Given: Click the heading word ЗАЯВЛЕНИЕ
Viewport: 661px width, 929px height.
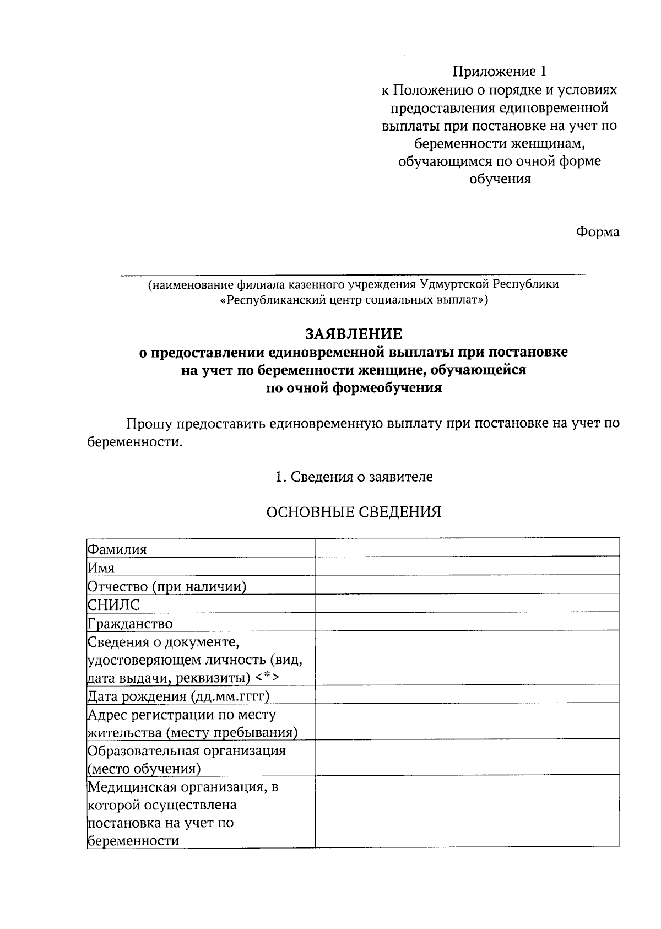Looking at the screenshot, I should pos(354,334).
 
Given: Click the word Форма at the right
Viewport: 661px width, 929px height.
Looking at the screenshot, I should pos(598,233).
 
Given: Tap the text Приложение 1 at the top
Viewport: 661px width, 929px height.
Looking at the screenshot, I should pos(500,72).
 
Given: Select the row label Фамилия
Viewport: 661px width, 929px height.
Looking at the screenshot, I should pos(117,549).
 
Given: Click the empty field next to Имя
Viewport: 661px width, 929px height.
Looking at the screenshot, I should pos(467,566).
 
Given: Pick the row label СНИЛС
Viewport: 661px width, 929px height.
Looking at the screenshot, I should pos(114,604).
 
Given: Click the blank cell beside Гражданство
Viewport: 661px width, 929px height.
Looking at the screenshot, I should pos(467,622).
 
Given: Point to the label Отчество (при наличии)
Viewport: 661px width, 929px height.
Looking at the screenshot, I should pos(167,586).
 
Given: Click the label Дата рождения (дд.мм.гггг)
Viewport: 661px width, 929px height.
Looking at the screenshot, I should pos(178,696).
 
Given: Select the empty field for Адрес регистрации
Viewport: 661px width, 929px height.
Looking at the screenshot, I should pos(467,722).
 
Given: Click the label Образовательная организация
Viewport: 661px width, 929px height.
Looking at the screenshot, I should pos(187,751).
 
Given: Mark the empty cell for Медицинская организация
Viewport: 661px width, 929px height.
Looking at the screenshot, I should pos(467,811).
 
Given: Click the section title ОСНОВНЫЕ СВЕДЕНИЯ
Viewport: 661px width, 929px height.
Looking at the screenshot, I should pos(354,512).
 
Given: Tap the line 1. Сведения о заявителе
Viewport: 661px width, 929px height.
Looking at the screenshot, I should pos(354,477).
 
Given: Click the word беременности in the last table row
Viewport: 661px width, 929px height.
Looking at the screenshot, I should pos(133,841).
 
